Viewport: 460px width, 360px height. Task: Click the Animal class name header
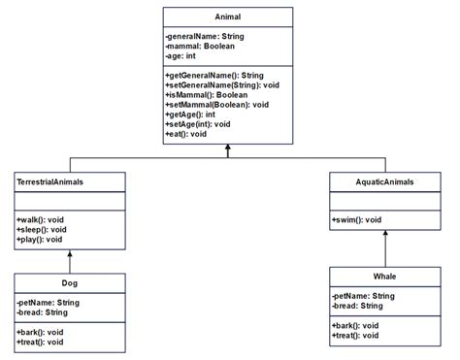click(x=227, y=16)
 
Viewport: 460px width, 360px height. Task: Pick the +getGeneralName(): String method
click(x=214, y=75)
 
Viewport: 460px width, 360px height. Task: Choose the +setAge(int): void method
click(x=198, y=124)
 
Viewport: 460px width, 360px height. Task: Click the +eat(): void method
click(x=186, y=134)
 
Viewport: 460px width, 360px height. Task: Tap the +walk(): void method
click(x=39, y=219)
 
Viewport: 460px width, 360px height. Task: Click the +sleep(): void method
click(x=41, y=229)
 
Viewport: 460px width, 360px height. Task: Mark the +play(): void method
click(x=39, y=239)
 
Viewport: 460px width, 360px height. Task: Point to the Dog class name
click(x=70, y=283)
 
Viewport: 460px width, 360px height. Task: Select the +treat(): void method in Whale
click(x=357, y=335)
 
